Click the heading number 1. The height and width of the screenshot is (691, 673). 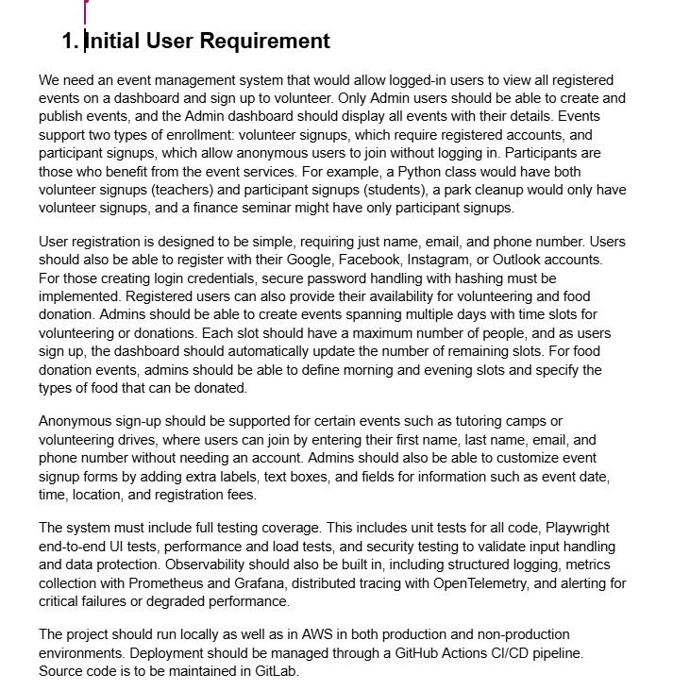click(x=70, y=41)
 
